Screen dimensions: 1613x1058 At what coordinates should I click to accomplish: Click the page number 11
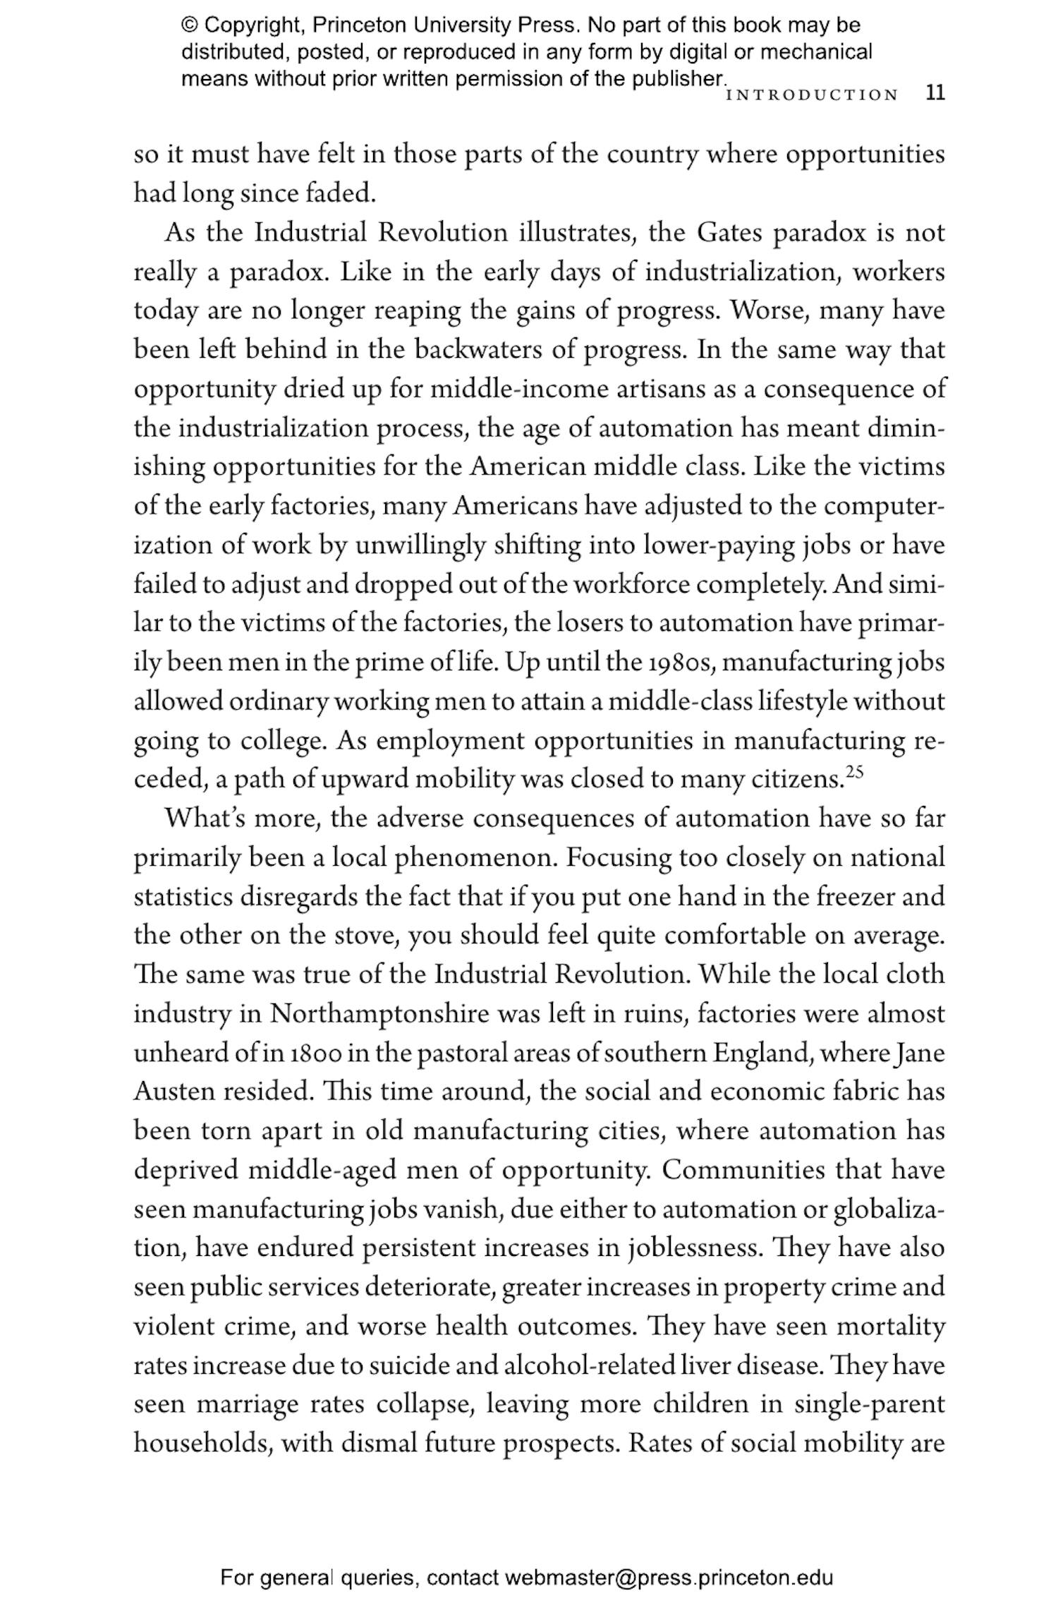click(x=935, y=93)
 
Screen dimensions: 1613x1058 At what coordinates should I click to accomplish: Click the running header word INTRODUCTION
click(x=812, y=95)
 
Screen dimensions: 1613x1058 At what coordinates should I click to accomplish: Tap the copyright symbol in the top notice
click(x=190, y=25)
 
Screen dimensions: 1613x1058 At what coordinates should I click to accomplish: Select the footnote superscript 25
click(x=854, y=771)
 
